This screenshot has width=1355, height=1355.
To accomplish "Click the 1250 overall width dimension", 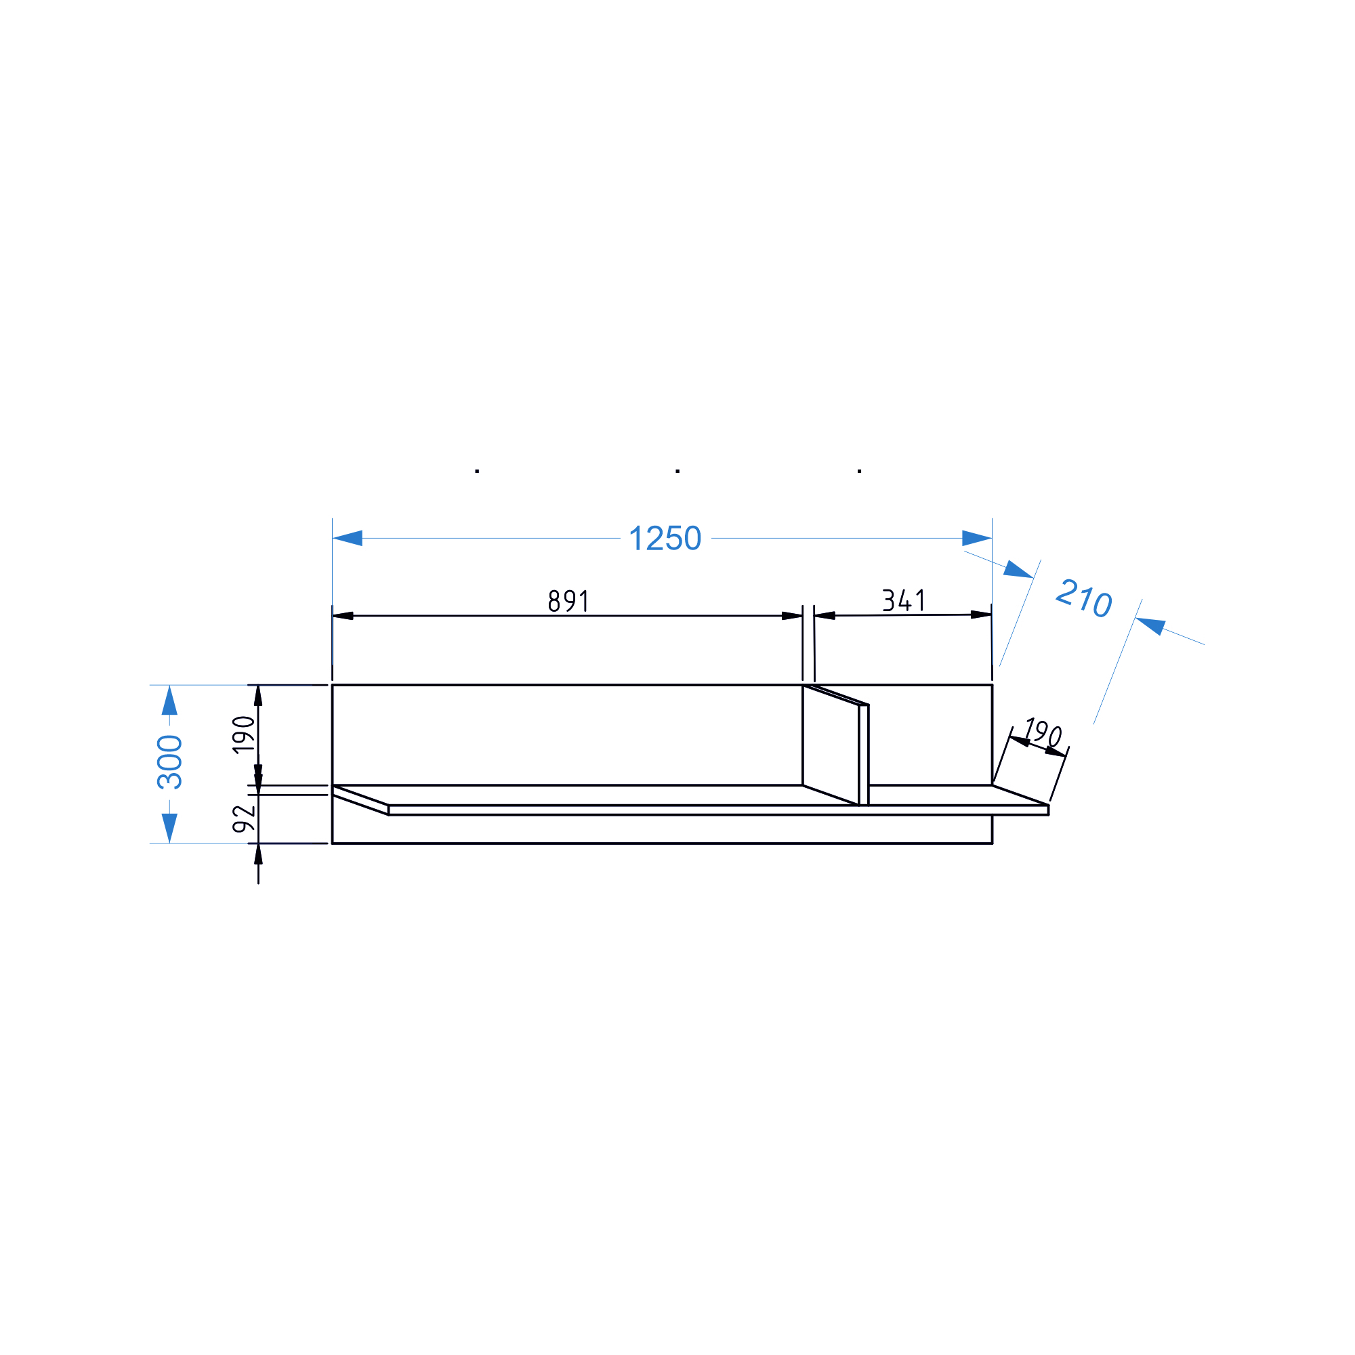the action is [665, 539].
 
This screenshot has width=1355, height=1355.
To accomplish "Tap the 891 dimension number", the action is [568, 601].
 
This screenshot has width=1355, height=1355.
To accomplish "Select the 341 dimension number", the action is [903, 600].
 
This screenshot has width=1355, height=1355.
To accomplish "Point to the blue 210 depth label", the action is [1083, 598].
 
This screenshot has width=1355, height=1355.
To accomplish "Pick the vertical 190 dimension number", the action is [243, 734].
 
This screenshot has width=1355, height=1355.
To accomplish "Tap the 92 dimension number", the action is [243, 818].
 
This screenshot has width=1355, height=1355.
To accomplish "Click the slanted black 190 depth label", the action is [1043, 733].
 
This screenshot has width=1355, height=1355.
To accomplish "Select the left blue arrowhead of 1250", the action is [347, 538].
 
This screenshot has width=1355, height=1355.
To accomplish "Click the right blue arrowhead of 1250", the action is [977, 538].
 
